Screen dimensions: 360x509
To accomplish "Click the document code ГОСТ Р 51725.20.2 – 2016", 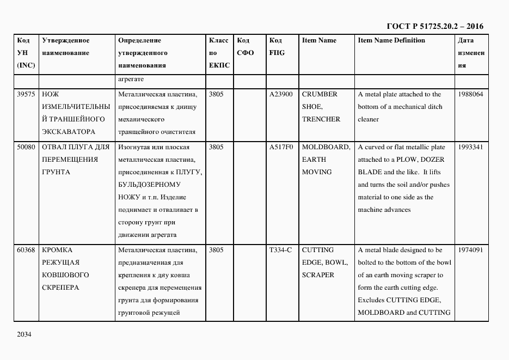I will pos(435,26).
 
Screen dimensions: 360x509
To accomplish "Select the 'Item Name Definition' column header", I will pos(391,41).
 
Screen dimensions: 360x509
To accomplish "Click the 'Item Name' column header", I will pos(319,41).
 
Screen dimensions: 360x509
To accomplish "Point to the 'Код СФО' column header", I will pos(245,47).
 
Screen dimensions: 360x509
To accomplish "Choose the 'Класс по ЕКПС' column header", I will pos(219,53).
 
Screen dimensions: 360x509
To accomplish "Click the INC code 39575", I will pos(26,94).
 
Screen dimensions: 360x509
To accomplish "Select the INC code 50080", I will pos(26,147).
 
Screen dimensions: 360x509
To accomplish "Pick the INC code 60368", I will pos(26,250).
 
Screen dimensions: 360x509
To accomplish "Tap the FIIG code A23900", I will pos(281,94).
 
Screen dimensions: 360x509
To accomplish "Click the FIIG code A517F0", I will pos(281,147).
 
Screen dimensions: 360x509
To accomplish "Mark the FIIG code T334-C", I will pos(280,250).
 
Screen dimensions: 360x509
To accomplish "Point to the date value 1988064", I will pos(470,94).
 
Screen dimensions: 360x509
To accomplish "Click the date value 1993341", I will pos(470,147).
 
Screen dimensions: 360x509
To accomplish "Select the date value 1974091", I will pos(470,250).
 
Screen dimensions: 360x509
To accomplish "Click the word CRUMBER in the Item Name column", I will pos(320,94).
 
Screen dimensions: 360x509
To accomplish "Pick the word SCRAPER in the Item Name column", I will pos(318,275).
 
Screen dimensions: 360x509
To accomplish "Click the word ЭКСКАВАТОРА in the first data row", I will pos(68,132).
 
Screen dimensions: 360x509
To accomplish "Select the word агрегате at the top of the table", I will pos(130,80).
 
